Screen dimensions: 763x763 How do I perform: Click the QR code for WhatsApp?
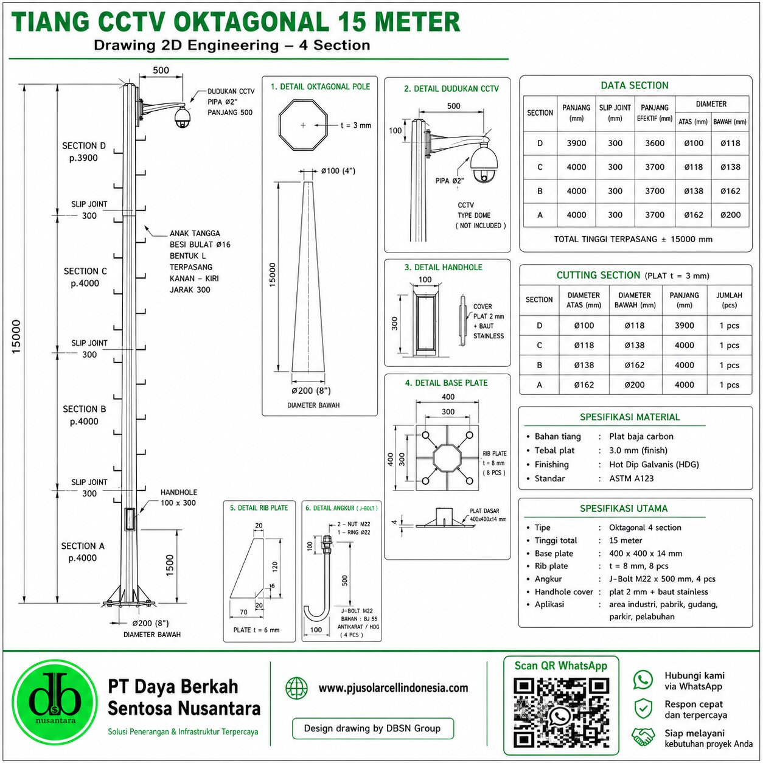click(560, 712)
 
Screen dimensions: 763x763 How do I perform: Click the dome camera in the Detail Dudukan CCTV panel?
click(484, 163)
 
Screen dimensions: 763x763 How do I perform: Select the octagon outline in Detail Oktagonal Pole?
click(303, 125)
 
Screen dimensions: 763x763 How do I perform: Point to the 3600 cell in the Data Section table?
click(655, 144)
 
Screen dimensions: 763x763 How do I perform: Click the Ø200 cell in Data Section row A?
click(730, 215)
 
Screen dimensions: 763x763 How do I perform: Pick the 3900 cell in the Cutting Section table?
click(685, 326)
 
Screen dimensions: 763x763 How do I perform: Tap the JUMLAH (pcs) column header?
click(729, 300)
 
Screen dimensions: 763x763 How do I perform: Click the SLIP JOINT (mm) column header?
click(615, 113)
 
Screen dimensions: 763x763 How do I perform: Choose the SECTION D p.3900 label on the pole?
click(84, 152)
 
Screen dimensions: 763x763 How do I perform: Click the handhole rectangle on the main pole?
click(130, 519)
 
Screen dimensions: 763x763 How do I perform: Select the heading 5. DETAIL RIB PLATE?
click(259, 508)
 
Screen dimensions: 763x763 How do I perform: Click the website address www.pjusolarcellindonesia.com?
click(393, 688)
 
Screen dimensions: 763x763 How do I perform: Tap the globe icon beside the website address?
click(296, 688)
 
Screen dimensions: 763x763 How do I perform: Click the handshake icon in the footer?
click(643, 737)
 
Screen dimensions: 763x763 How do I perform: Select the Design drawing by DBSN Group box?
click(372, 728)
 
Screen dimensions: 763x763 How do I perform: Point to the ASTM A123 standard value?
click(632, 478)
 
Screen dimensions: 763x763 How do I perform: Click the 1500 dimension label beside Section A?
click(170, 565)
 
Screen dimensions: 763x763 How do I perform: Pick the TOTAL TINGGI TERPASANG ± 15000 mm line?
click(633, 239)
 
